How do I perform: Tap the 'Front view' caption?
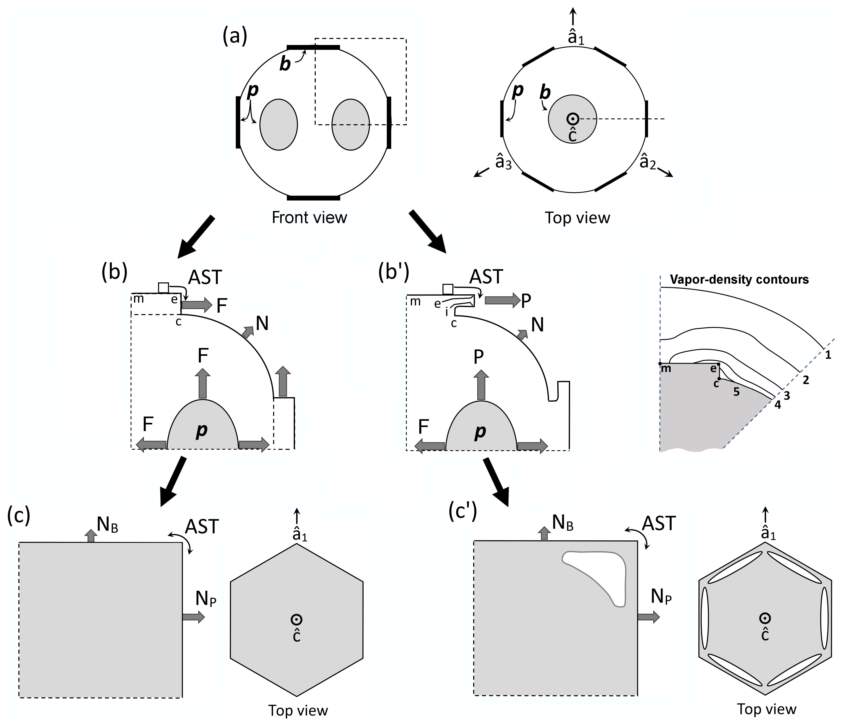[309, 217]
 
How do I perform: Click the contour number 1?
[828, 355]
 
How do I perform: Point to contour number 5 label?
[736, 392]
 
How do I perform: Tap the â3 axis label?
[503, 162]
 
